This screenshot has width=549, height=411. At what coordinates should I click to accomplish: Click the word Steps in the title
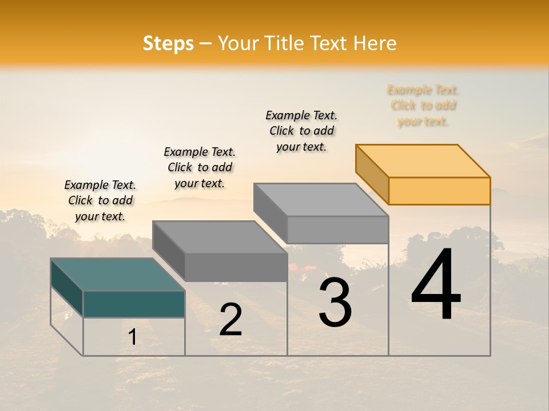point(168,43)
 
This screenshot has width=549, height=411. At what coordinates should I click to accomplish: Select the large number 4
point(436,285)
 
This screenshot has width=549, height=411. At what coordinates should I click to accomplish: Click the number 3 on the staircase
point(335,303)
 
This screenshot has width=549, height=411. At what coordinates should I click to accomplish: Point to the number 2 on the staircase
point(230,320)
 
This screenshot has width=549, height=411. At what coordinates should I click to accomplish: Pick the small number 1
point(133,337)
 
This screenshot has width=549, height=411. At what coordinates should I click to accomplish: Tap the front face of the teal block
point(134,304)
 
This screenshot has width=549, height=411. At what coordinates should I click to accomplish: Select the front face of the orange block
point(439,191)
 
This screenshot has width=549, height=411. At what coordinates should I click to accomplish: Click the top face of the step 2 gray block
point(220,237)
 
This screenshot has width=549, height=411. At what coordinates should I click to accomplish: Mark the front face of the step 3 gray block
point(337,229)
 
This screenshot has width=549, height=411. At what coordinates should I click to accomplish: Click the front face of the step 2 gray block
point(236,267)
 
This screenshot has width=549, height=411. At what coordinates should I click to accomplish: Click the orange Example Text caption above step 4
point(423,106)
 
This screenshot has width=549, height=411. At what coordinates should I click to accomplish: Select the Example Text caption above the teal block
point(100,200)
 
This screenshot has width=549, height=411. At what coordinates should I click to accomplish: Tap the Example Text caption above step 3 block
point(301,131)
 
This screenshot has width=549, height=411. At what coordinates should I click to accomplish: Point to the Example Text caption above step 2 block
point(200,167)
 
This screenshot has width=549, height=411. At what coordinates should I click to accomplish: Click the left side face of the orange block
point(372,174)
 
